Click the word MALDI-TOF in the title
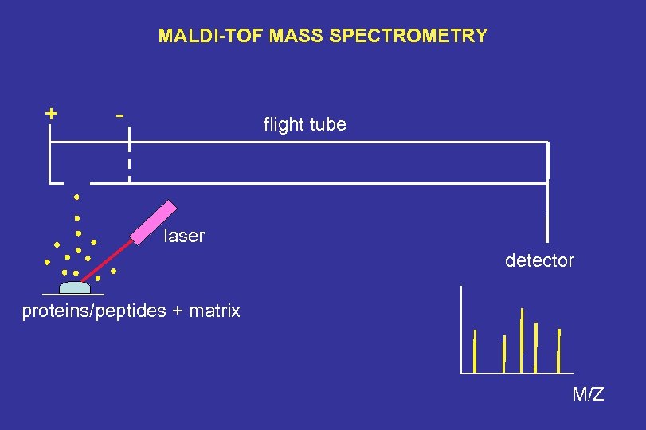pos(202,36)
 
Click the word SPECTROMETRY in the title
pos(424,36)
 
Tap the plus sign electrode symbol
pos(51,113)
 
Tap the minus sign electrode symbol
pos(119,115)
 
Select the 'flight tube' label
pos(304,124)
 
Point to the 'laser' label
pos(184,236)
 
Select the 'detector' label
pos(539,260)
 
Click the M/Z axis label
pos(588,393)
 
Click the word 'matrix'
pos(215,311)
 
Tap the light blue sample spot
pos(75,288)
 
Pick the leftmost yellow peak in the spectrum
pos(475,350)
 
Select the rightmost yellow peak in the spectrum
pos(558,350)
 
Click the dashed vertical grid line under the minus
pos(128,162)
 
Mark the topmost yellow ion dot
pos(77,196)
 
